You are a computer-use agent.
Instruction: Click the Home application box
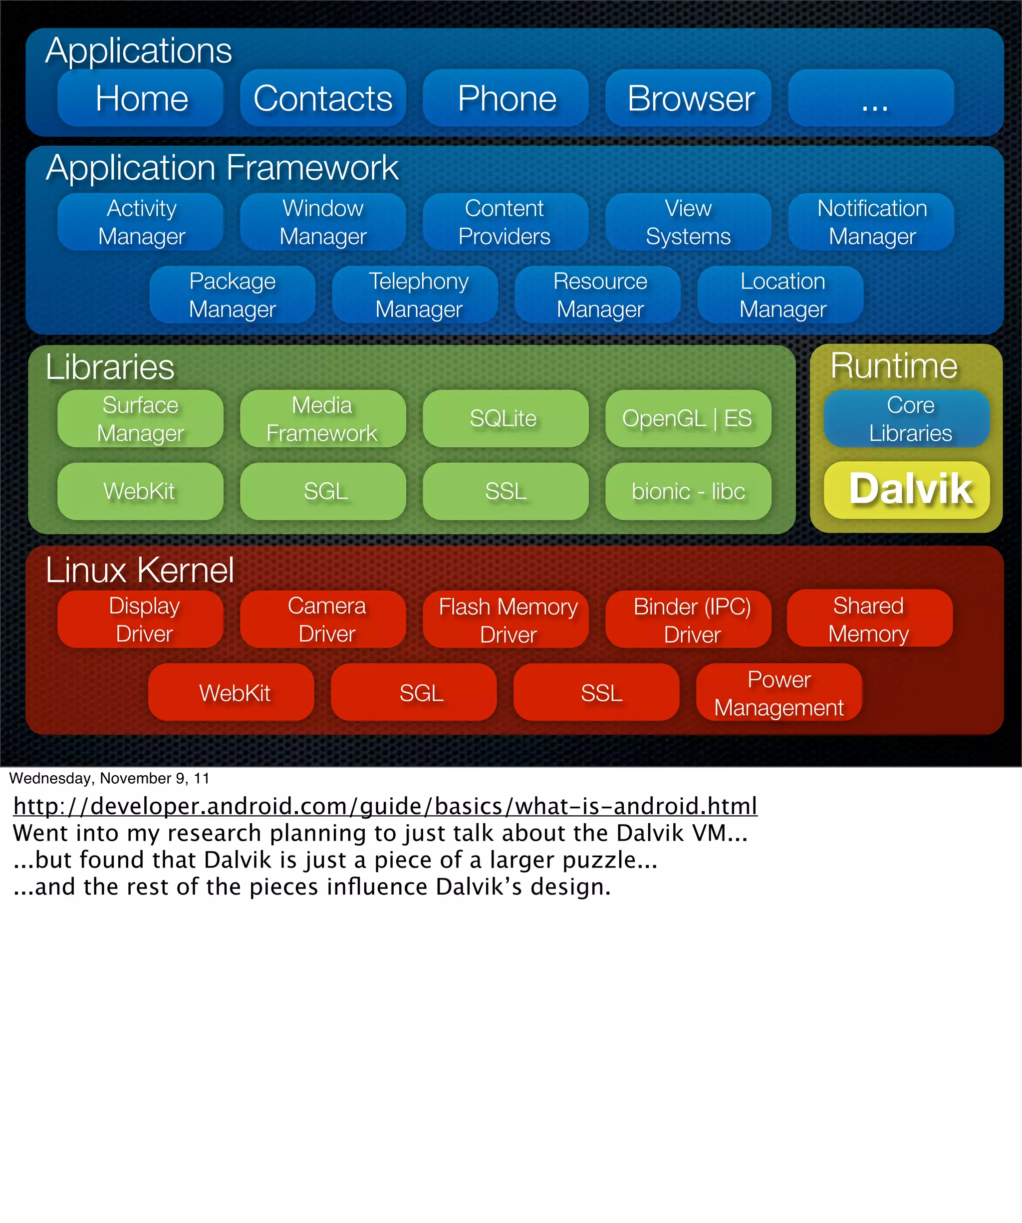pyautogui.click(x=140, y=98)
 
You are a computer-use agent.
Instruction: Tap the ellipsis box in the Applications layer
pyautogui.click(x=871, y=98)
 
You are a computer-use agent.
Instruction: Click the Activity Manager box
pyautogui.click(x=140, y=222)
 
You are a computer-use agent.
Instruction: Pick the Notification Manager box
pyautogui.click(x=871, y=222)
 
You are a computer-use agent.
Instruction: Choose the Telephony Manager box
pyautogui.click(x=415, y=295)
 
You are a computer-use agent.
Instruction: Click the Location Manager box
pyautogui.click(x=780, y=295)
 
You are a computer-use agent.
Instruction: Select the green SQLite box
pyautogui.click(x=506, y=418)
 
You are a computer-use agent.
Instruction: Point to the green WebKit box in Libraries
pyautogui.click(x=140, y=491)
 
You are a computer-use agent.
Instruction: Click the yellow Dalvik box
pyautogui.click(x=907, y=490)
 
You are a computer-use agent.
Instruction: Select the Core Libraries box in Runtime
pyautogui.click(x=907, y=418)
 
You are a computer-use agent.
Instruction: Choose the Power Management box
pyautogui.click(x=779, y=692)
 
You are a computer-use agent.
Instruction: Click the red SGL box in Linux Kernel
pyautogui.click(x=414, y=692)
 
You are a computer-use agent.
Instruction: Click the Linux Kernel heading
pyautogui.click(x=140, y=570)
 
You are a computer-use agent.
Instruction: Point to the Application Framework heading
pyautogui.click(x=222, y=168)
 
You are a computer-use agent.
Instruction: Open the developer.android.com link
pyautogui.click(x=385, y=806)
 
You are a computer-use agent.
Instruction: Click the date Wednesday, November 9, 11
pyautogui.click(x=109, y=778)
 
